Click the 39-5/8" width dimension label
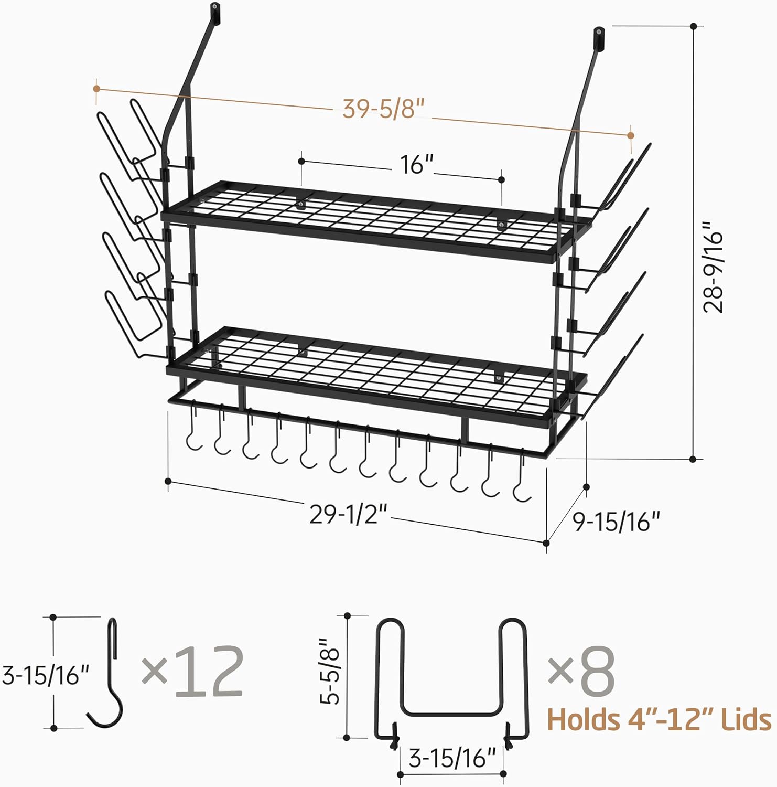[382, 109]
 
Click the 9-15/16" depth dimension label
[616, 522]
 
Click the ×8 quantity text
[581, 672]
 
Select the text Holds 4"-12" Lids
[659, 719]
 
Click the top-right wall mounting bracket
[598, 35]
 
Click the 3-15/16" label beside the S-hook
[46, 675]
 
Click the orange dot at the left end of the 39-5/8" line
[96, 89]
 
